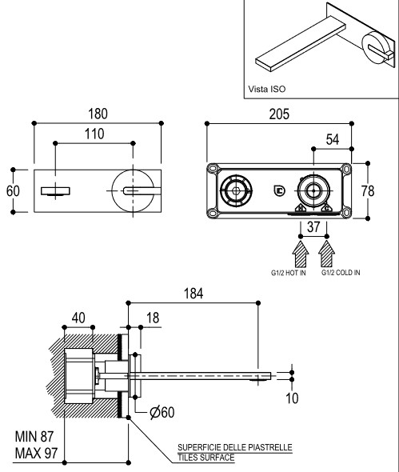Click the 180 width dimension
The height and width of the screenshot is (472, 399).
pos(98,114)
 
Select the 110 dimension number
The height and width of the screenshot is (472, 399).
pos(94,134)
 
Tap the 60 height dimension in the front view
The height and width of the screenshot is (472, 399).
pos(13,191)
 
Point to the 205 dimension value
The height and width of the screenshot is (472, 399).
pos(279,114)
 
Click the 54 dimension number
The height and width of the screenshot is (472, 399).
pos(333,139)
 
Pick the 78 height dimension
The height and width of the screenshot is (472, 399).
pos(368,191)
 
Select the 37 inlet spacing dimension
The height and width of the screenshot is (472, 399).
pos(313,226)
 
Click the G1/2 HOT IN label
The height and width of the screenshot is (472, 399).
pos(289,273)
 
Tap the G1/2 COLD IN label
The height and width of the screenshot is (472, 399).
pos(341,273)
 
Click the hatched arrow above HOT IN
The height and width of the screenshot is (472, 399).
pos(301,254)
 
